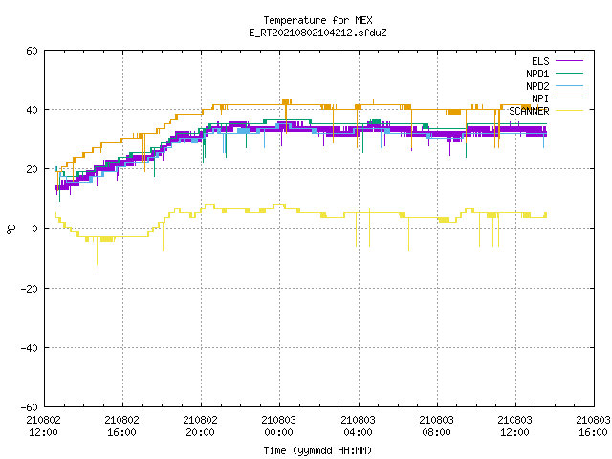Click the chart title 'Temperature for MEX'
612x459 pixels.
point(317,20)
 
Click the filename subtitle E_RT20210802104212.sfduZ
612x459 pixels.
point(317,33)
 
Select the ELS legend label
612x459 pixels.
point(540,61)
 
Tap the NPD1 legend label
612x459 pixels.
point(537,74)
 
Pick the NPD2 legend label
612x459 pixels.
point(537,86)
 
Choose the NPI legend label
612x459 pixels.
point(540,98)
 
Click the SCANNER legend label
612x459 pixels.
point(529,111)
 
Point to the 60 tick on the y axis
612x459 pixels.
point(32,51)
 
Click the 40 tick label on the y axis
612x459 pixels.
point(32,110)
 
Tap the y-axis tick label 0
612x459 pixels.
point(35,229)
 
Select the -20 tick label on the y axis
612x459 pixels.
point(30,289)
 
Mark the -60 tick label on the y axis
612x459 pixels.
point(30,407)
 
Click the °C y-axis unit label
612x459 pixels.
point(11,229)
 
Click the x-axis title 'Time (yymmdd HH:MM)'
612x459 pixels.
point(317,450)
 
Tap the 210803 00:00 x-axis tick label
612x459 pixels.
point(279,426)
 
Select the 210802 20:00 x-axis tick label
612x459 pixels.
point(201,426)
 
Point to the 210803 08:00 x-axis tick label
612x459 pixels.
point(436,426)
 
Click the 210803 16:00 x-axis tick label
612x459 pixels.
point(593,426)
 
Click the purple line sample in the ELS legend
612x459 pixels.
point(570,61)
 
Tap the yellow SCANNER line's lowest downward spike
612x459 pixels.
point(98,269)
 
